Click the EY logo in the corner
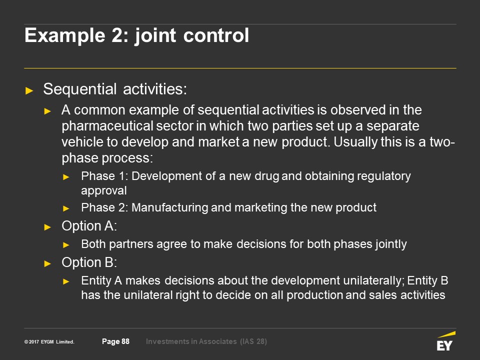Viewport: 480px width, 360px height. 446,341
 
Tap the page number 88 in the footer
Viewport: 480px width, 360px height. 125,341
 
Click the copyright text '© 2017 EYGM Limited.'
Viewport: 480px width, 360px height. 49,341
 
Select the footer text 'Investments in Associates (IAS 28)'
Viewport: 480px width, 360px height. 206,341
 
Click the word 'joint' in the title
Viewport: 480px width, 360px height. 155,36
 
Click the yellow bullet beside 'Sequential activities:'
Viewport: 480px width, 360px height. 29,90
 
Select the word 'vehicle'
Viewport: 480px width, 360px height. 82,141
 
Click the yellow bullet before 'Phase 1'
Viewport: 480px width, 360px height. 66,177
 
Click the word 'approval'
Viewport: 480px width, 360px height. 104,191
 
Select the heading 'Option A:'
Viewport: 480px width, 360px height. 89,226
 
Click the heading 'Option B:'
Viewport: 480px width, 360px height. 89,262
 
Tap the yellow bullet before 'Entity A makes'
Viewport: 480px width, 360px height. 66,281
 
